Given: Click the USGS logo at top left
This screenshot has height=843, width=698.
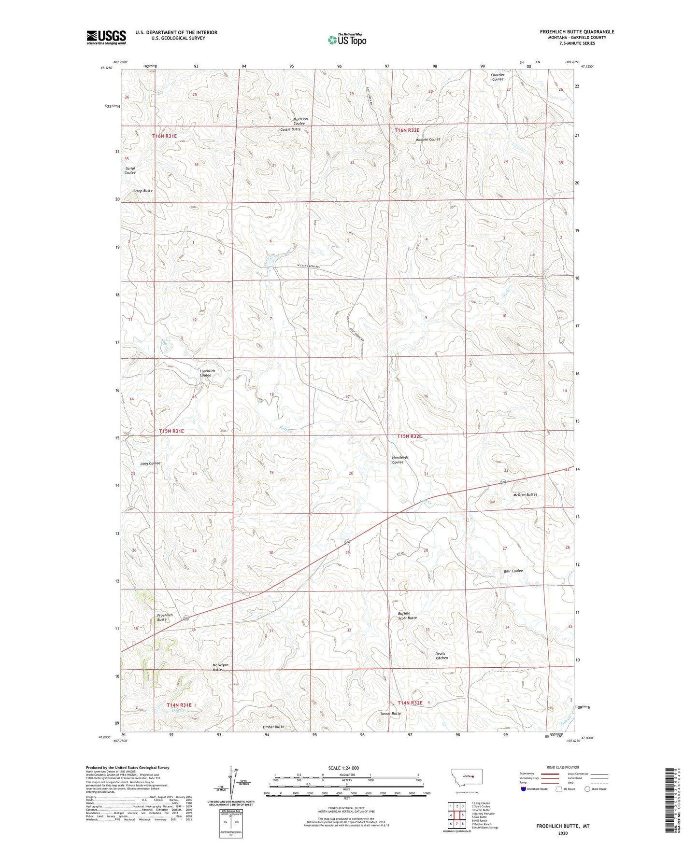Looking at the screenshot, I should click(106, 37).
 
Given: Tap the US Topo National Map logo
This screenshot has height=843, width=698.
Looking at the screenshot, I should click(347, 39).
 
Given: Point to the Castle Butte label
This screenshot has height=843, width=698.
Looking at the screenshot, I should click(290, 129).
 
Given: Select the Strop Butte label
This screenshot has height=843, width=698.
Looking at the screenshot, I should click(143, 191).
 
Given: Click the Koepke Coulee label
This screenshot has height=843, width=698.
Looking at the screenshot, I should click(428, 140).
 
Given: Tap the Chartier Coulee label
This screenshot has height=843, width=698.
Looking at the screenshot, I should click(498, 77).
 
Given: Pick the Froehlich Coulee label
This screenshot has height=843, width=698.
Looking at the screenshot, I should click(207, 373).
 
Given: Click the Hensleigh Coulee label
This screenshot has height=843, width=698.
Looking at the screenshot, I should click(400, 460).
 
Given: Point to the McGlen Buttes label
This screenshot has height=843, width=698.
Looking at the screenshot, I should click(525, 495).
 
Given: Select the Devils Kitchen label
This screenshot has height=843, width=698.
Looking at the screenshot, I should click(442, 656).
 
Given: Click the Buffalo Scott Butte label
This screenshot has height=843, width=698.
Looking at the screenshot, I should click(407, 616).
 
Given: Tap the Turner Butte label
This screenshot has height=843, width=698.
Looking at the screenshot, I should click(390, 714).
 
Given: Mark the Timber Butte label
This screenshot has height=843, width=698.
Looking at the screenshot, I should click(273, 727).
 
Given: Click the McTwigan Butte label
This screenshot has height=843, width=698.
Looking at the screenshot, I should click(220, 667).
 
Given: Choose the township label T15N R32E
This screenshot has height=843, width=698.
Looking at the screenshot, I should click(410, 436).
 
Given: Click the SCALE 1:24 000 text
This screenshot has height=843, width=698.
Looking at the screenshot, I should click(343, 768).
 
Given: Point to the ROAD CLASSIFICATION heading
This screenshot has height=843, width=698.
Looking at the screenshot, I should click(563, 767).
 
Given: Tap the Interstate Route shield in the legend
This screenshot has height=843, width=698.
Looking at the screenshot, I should click(524, 789).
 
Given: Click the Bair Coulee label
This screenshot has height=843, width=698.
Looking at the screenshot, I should click(513, 571).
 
